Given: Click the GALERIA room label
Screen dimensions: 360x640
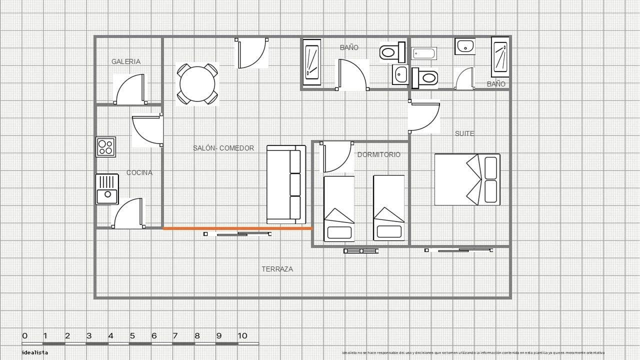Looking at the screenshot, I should point(126,61).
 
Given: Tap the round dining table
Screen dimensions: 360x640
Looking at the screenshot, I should point(197,84).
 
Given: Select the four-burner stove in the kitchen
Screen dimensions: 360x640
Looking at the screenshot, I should point(105,147).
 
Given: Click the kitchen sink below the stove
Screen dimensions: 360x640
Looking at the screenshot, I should point(107,189).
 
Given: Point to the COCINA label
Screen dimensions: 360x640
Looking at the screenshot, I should point(139,172).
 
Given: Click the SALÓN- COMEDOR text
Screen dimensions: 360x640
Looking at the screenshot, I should point(223,148).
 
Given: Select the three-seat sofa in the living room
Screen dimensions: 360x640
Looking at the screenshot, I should point(286,184).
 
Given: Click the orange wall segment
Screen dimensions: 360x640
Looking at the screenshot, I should point(237,228).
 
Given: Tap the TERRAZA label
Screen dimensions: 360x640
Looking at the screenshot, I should point(277,269).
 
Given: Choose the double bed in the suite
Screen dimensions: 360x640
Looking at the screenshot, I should point(467,179).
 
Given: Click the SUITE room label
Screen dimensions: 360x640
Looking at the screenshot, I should point(464,133).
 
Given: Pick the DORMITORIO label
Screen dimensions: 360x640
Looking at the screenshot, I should point(378,154).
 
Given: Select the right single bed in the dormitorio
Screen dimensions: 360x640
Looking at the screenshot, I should point(388,208).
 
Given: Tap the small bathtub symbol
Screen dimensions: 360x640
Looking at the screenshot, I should point(423,53).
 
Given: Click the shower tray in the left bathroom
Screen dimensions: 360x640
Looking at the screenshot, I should point(312,62).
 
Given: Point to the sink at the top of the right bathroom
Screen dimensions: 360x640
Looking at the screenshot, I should point(464,46).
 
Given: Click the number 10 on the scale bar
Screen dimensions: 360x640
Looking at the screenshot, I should point(242,335).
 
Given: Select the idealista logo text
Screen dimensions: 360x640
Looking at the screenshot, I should point(35,352).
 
